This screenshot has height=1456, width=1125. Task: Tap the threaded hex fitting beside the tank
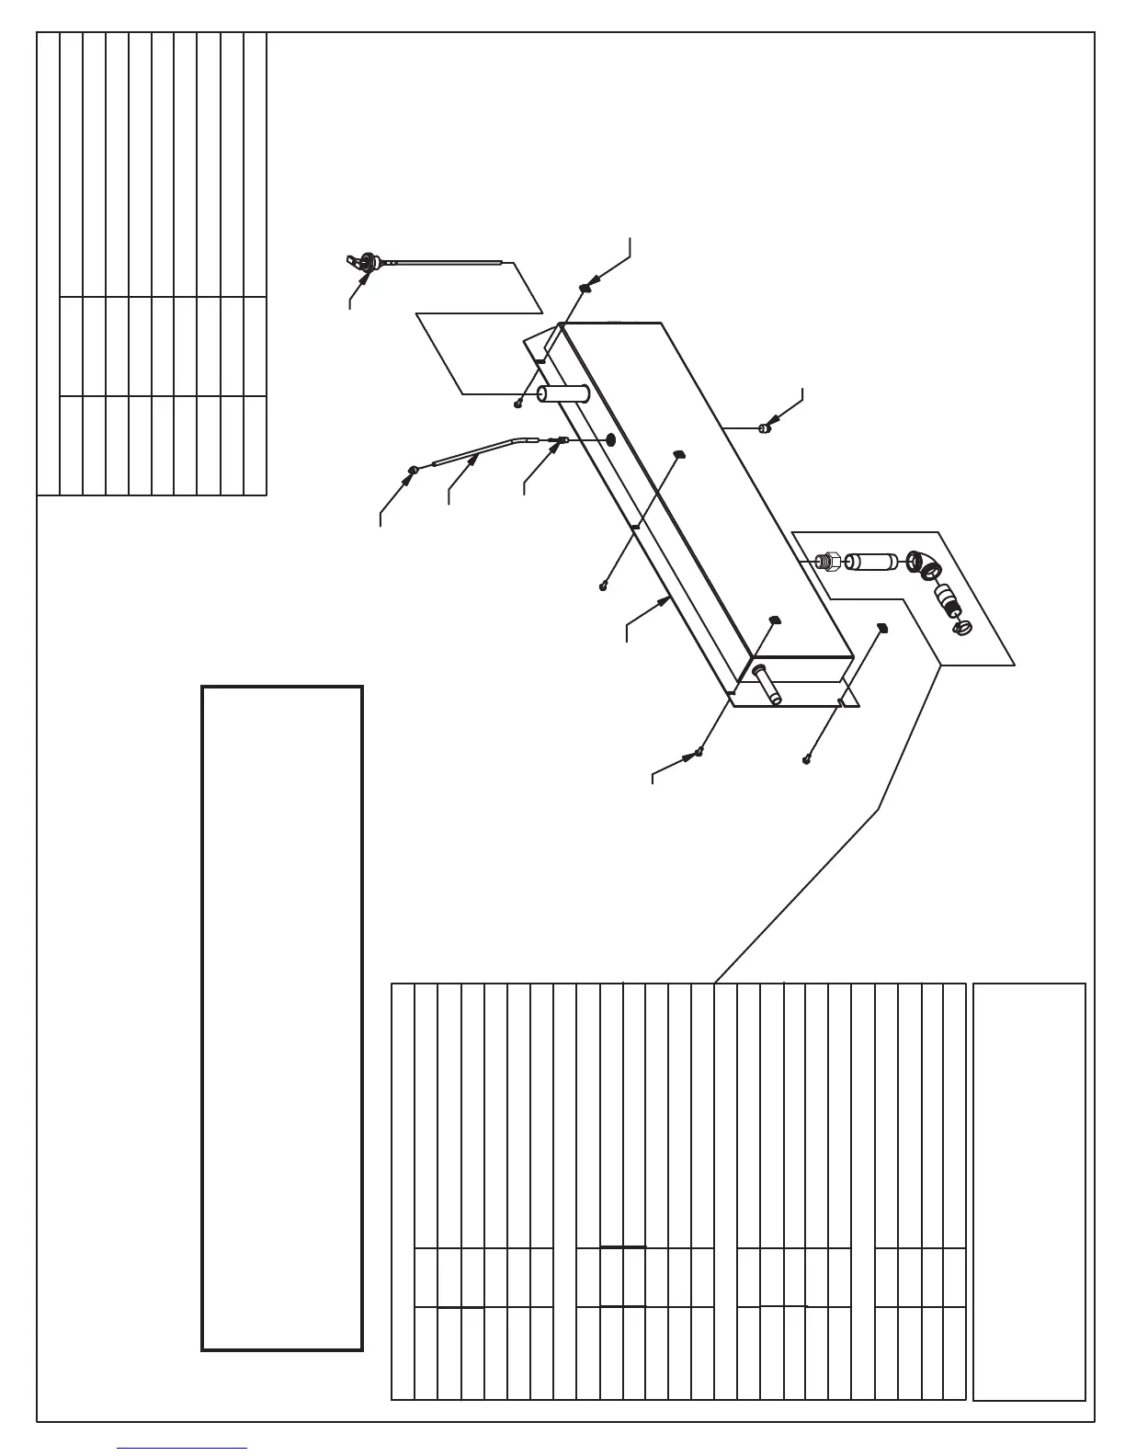click(826, 559)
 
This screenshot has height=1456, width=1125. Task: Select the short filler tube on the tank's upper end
click(562, 394)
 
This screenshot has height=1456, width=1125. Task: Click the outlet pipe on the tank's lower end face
click(767, 686)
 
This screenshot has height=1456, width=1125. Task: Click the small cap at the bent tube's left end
click(414, 471)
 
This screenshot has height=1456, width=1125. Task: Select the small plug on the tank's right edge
click(765, 427)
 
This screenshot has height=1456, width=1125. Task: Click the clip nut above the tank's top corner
click(585, 288)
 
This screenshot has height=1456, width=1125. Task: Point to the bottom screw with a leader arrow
click(699, 752)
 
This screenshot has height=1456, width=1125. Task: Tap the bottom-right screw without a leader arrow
click(807, 758)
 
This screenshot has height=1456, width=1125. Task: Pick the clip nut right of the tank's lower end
click(881, 628)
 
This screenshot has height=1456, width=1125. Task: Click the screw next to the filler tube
click(519, 402)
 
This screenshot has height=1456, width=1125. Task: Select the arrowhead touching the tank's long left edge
click(666, 599)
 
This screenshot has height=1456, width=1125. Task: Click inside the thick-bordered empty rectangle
click(282, 1017)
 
